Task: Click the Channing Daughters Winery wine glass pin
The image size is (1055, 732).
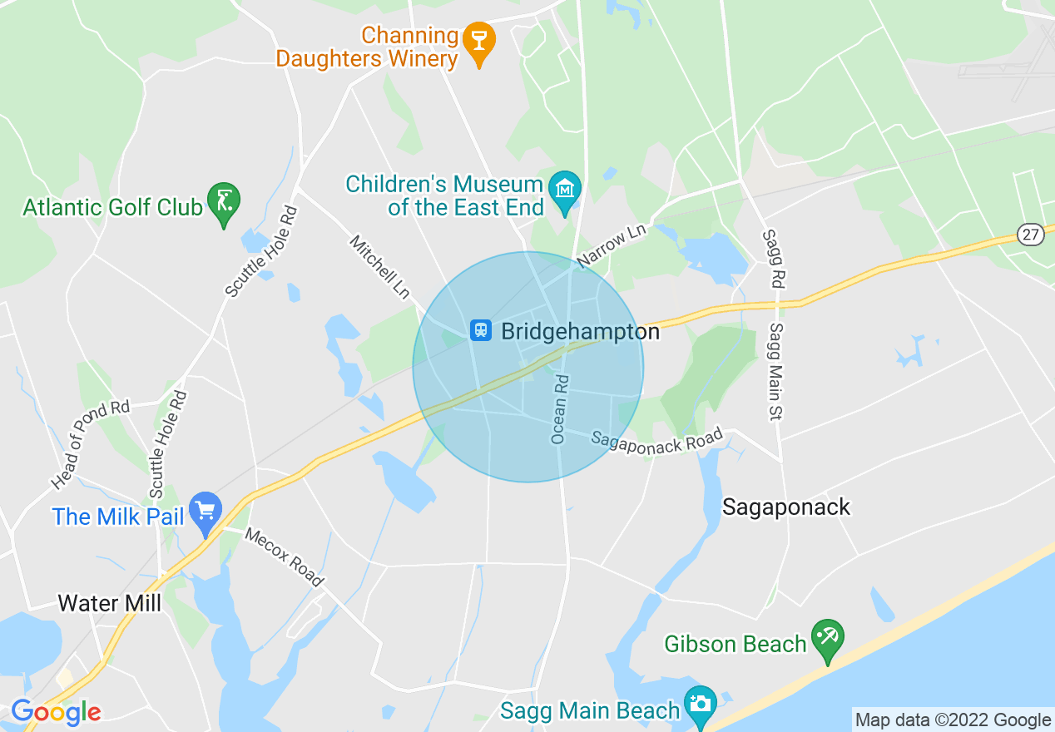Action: (x=478, y=40)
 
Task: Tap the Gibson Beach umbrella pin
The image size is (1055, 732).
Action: (x=827, y=638)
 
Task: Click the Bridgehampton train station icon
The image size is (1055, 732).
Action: (x=480, y=331)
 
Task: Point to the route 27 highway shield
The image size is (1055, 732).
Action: (x=1031, y=235)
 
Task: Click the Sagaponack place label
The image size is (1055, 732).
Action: (x=786, y=507)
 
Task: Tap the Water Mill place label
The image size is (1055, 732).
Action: (x=110, y=603)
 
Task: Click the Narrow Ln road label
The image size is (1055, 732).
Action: (x=612, y=245)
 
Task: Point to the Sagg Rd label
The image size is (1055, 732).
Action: (x=773, y=259)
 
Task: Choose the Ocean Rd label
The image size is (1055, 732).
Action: (x=560, y=409)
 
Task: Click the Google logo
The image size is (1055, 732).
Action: (x=56, y=713)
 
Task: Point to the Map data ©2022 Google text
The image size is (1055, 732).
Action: (x=953, y=720)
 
